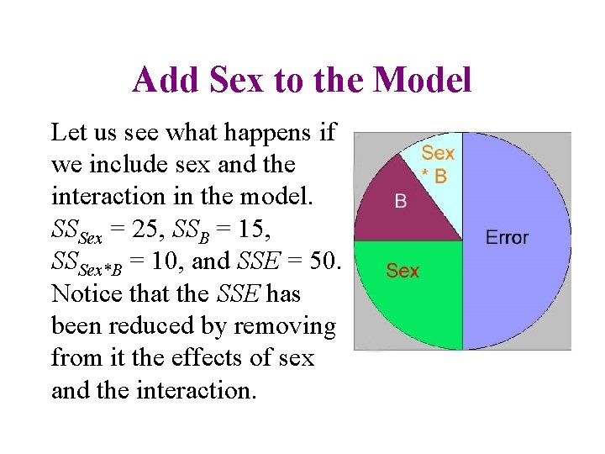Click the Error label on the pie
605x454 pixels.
click(x=507, y=237)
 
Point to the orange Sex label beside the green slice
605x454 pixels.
click(x=402, y=271)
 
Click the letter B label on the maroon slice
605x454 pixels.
click(x=401, y=202)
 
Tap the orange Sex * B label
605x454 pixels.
click(x=438, y=165)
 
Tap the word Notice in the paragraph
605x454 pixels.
click(x=82, y=294)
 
